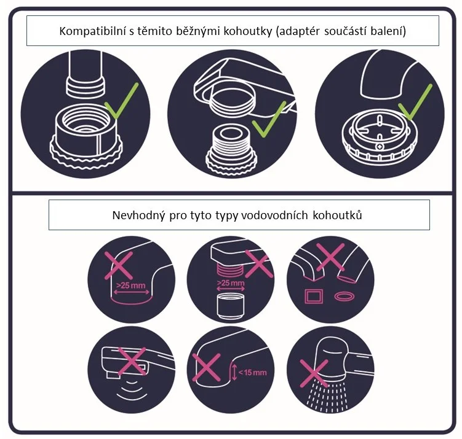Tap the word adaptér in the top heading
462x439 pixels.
tap(299, 31)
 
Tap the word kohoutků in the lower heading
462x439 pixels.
tap(337, 216)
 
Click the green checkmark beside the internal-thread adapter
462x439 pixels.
tap(121, 101)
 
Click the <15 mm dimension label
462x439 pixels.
tap(252, 373)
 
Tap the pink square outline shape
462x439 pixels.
tap(314, 297)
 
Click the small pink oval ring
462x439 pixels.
tap(344, 297)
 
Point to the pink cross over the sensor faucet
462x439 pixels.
tap(132, 362)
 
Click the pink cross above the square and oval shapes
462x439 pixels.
tap(330, 257)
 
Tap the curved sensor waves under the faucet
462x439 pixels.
tap(132, 389)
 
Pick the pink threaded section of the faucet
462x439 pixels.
tap(231, 268)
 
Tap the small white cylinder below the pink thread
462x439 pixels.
tap(231, 306)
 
